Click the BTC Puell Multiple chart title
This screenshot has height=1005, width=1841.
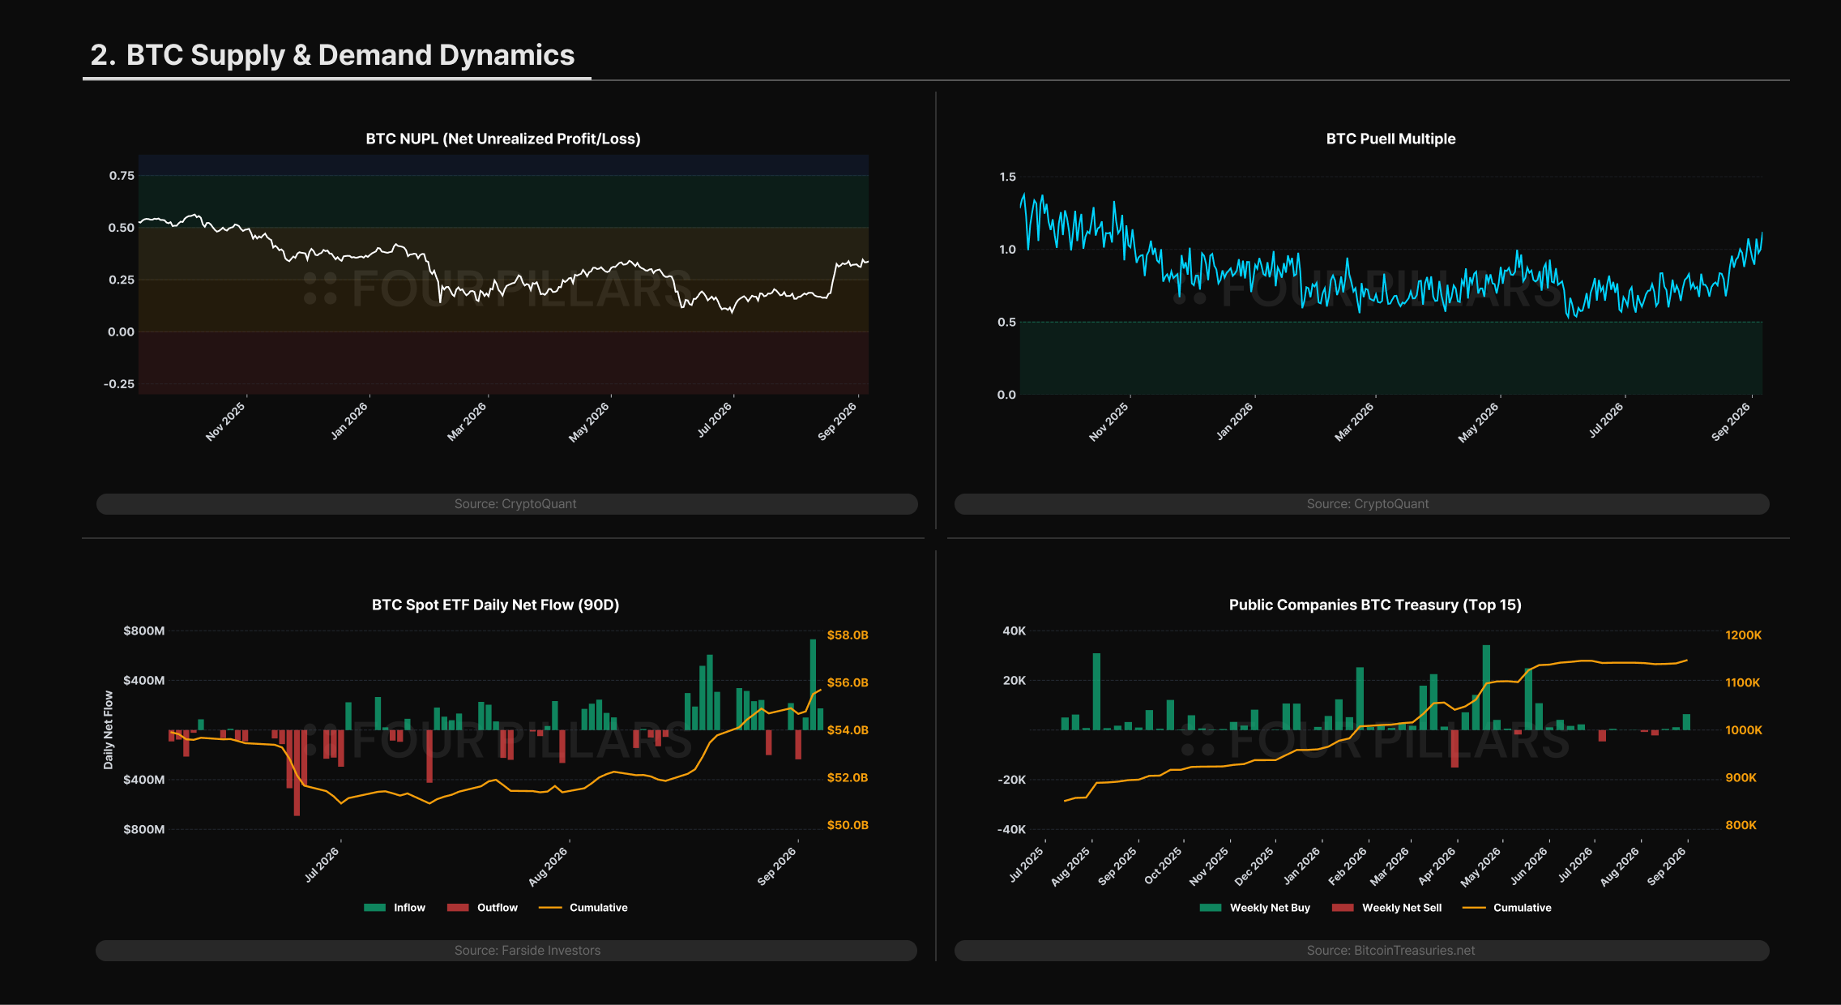tap(1390, 139)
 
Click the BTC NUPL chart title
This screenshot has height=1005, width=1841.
tap(503, 139)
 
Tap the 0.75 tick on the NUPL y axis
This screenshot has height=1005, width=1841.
tap(122, 176)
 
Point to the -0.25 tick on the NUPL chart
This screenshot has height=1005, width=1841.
tap(119, 384)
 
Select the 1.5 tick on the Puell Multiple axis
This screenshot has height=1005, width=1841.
tap(1007, 177)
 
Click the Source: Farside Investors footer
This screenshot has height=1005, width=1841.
tap(528, 950)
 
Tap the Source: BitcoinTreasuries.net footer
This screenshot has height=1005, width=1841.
tap(1390, 950)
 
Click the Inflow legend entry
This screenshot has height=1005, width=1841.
tap(395, 908)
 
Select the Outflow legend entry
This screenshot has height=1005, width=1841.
tap(482, 908)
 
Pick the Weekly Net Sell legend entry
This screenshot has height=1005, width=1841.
tap(1386, 908)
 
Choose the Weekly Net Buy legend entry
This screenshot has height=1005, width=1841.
tap(1254, 908)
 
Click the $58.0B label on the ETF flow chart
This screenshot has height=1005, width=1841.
tap(848, 635)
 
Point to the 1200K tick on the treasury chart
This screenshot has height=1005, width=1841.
tap(1743, 635)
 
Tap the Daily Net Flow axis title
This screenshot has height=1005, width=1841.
tap(109, 729)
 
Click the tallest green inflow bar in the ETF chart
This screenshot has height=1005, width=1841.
tap(813, 685)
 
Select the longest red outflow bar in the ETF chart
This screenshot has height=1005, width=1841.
tap(297, 772)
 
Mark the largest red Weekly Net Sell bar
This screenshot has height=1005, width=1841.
tap(1454, 749)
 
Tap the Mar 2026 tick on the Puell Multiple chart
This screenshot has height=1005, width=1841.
tap(1354, 421)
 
